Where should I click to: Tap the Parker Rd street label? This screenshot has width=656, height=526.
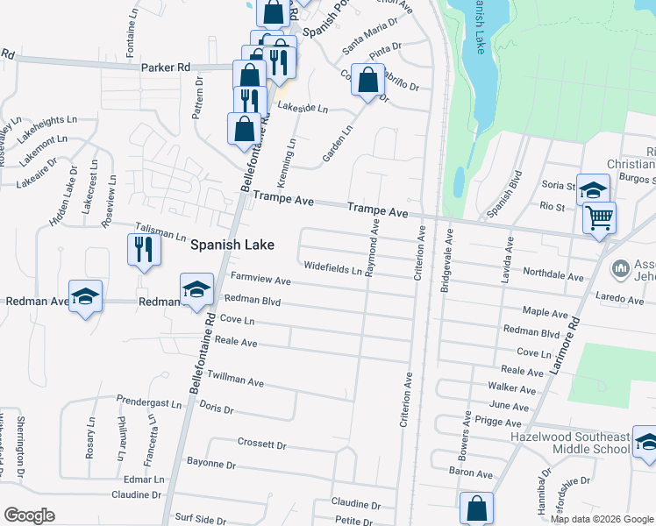[x=165, y=67]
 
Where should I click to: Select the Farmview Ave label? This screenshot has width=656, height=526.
[x=260, y=281]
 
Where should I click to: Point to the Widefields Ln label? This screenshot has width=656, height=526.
[x=332, y=268]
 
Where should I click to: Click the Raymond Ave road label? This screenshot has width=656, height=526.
[x=374, y=249]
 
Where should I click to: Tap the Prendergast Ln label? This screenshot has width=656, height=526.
[x=149, y=402]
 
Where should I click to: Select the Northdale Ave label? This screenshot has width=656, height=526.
[x=553, y=275]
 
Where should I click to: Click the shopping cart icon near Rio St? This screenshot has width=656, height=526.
[x=600, y=217]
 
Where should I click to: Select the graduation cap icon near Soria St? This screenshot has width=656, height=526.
[x=593, y=189]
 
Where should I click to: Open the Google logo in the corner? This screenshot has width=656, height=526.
[x=29, y=515]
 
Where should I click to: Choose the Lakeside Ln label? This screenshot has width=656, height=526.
[x=302, y=108]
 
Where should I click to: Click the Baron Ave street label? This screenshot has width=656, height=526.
[x=470, y=473]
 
